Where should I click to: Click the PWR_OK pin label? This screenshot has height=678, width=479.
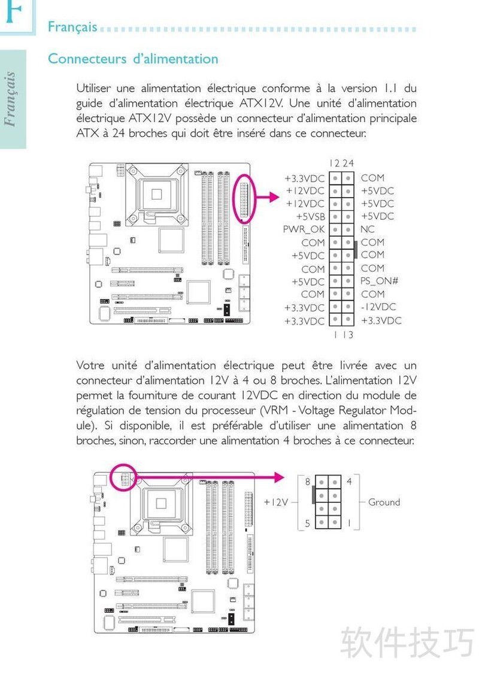click(x=304, y=229)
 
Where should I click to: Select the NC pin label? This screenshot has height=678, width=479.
click(x=368, y=229)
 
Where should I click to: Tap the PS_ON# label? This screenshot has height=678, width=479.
click(x=380, y=281)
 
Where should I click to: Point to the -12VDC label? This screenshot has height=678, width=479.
click(x=378, y=307)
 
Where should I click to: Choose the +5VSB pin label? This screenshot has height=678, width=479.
click(x=310, y=216)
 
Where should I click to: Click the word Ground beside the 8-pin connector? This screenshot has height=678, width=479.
click(x=384, y=502)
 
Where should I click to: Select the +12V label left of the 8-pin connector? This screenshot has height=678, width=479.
click(x=276, y=502)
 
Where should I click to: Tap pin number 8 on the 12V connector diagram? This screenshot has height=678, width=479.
click(x=307, y=482)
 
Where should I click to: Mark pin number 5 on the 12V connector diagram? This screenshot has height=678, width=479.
click(x=307, y=523)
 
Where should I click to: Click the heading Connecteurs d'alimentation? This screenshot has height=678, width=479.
click(x=133, y=59)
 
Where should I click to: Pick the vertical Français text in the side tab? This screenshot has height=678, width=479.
click(x=10, y=99)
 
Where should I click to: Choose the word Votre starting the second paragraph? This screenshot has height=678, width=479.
click(x=90, y=365)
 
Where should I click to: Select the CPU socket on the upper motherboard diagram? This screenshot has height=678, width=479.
click(x=157, y=193)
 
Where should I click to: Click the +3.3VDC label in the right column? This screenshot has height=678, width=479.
click(x=381, y=320)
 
